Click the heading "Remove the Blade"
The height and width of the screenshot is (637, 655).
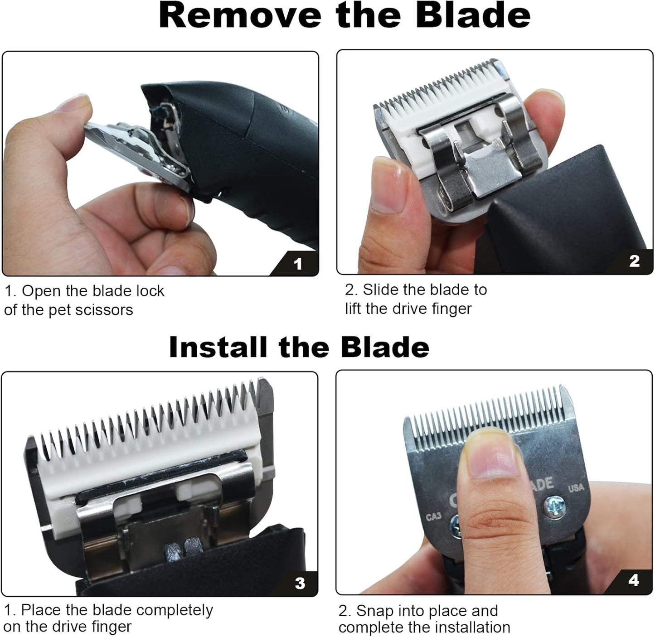pyautogui.click(x=344, y=16)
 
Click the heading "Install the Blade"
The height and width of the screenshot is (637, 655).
pyautogui.click(x=299, y=347)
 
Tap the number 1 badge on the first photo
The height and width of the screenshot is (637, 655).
pyautogui.click(x=298, y=264)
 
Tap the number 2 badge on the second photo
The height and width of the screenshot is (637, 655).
pyautogui.click(x=634, y=261)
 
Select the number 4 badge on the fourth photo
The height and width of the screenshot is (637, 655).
pyautogui.click(x=634, y=580)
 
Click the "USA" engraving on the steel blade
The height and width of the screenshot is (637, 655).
pyautogui.click(x=576, y=488)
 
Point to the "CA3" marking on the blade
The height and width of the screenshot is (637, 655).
pyautogui.click(x=433, y=516)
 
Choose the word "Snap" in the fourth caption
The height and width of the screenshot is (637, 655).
pyautogui.click(x=374, y=611)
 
